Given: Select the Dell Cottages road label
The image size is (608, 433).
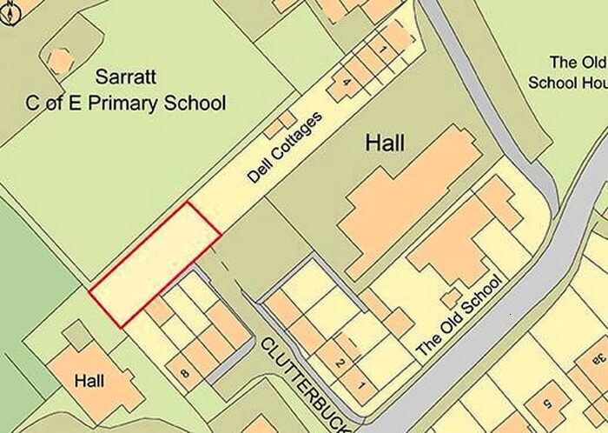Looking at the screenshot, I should click(x=284, y=147).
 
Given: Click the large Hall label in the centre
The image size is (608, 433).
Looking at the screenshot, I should click(x=385, y=143).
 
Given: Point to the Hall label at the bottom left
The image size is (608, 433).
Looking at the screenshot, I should click(x=89, y=381).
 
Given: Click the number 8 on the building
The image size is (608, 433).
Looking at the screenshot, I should click(x=184, y=374).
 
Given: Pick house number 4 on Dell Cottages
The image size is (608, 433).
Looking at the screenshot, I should click(x=347, y=83).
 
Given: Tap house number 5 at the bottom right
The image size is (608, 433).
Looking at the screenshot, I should click(x=547, y=403).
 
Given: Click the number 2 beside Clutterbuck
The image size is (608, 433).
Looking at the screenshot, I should click(x=340, y=362).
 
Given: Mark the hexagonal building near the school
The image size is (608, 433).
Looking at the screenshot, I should click(x=60, y=61).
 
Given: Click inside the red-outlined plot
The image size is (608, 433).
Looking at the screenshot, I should click(x=155, y=263).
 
